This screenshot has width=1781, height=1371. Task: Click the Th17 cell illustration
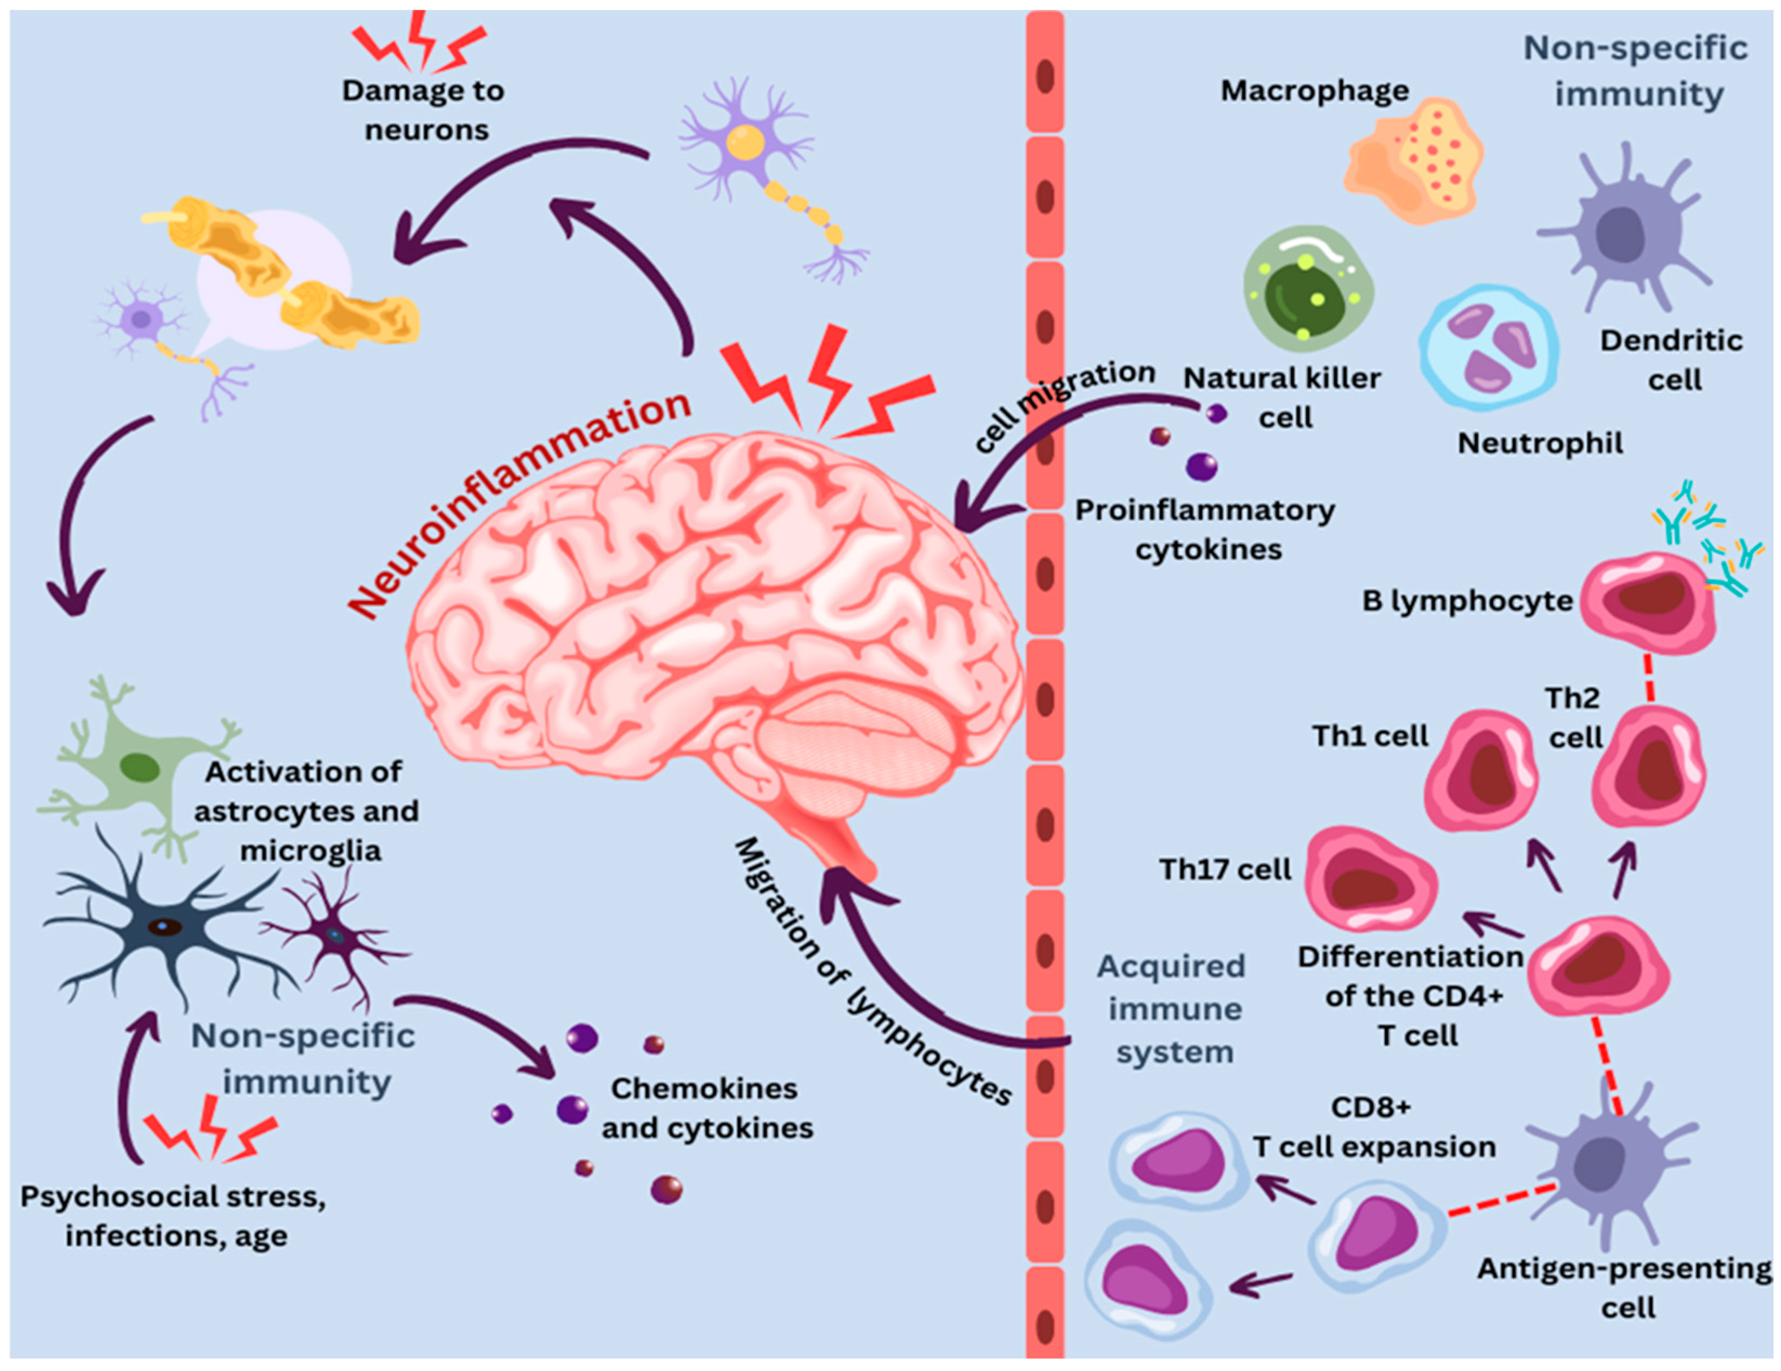pos(1370,879)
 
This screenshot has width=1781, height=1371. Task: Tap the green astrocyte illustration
pos(138,767)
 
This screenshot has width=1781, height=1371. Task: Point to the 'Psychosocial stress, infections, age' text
pos(174,1216)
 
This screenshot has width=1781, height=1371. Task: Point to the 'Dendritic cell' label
pos(1672,360)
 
